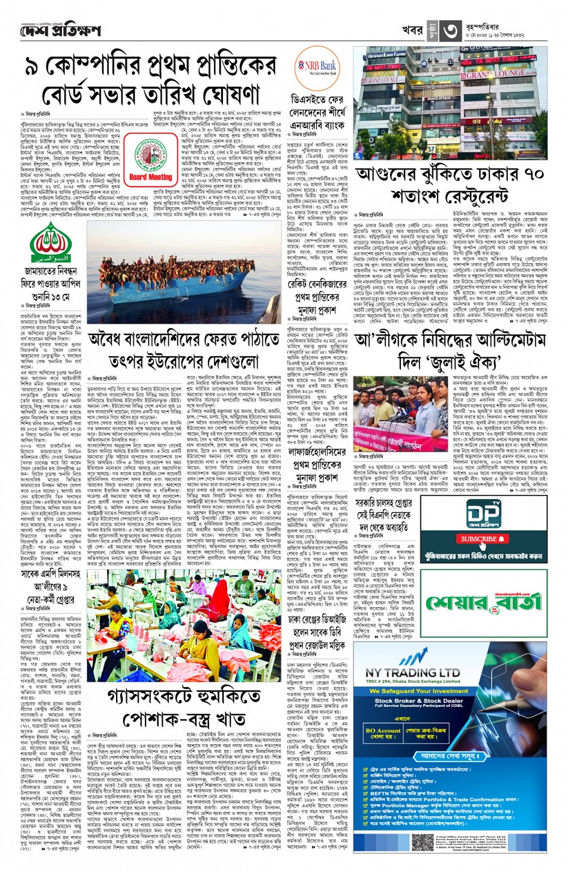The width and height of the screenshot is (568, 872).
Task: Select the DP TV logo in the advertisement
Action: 484,513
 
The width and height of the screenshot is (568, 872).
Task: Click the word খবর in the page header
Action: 412,30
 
